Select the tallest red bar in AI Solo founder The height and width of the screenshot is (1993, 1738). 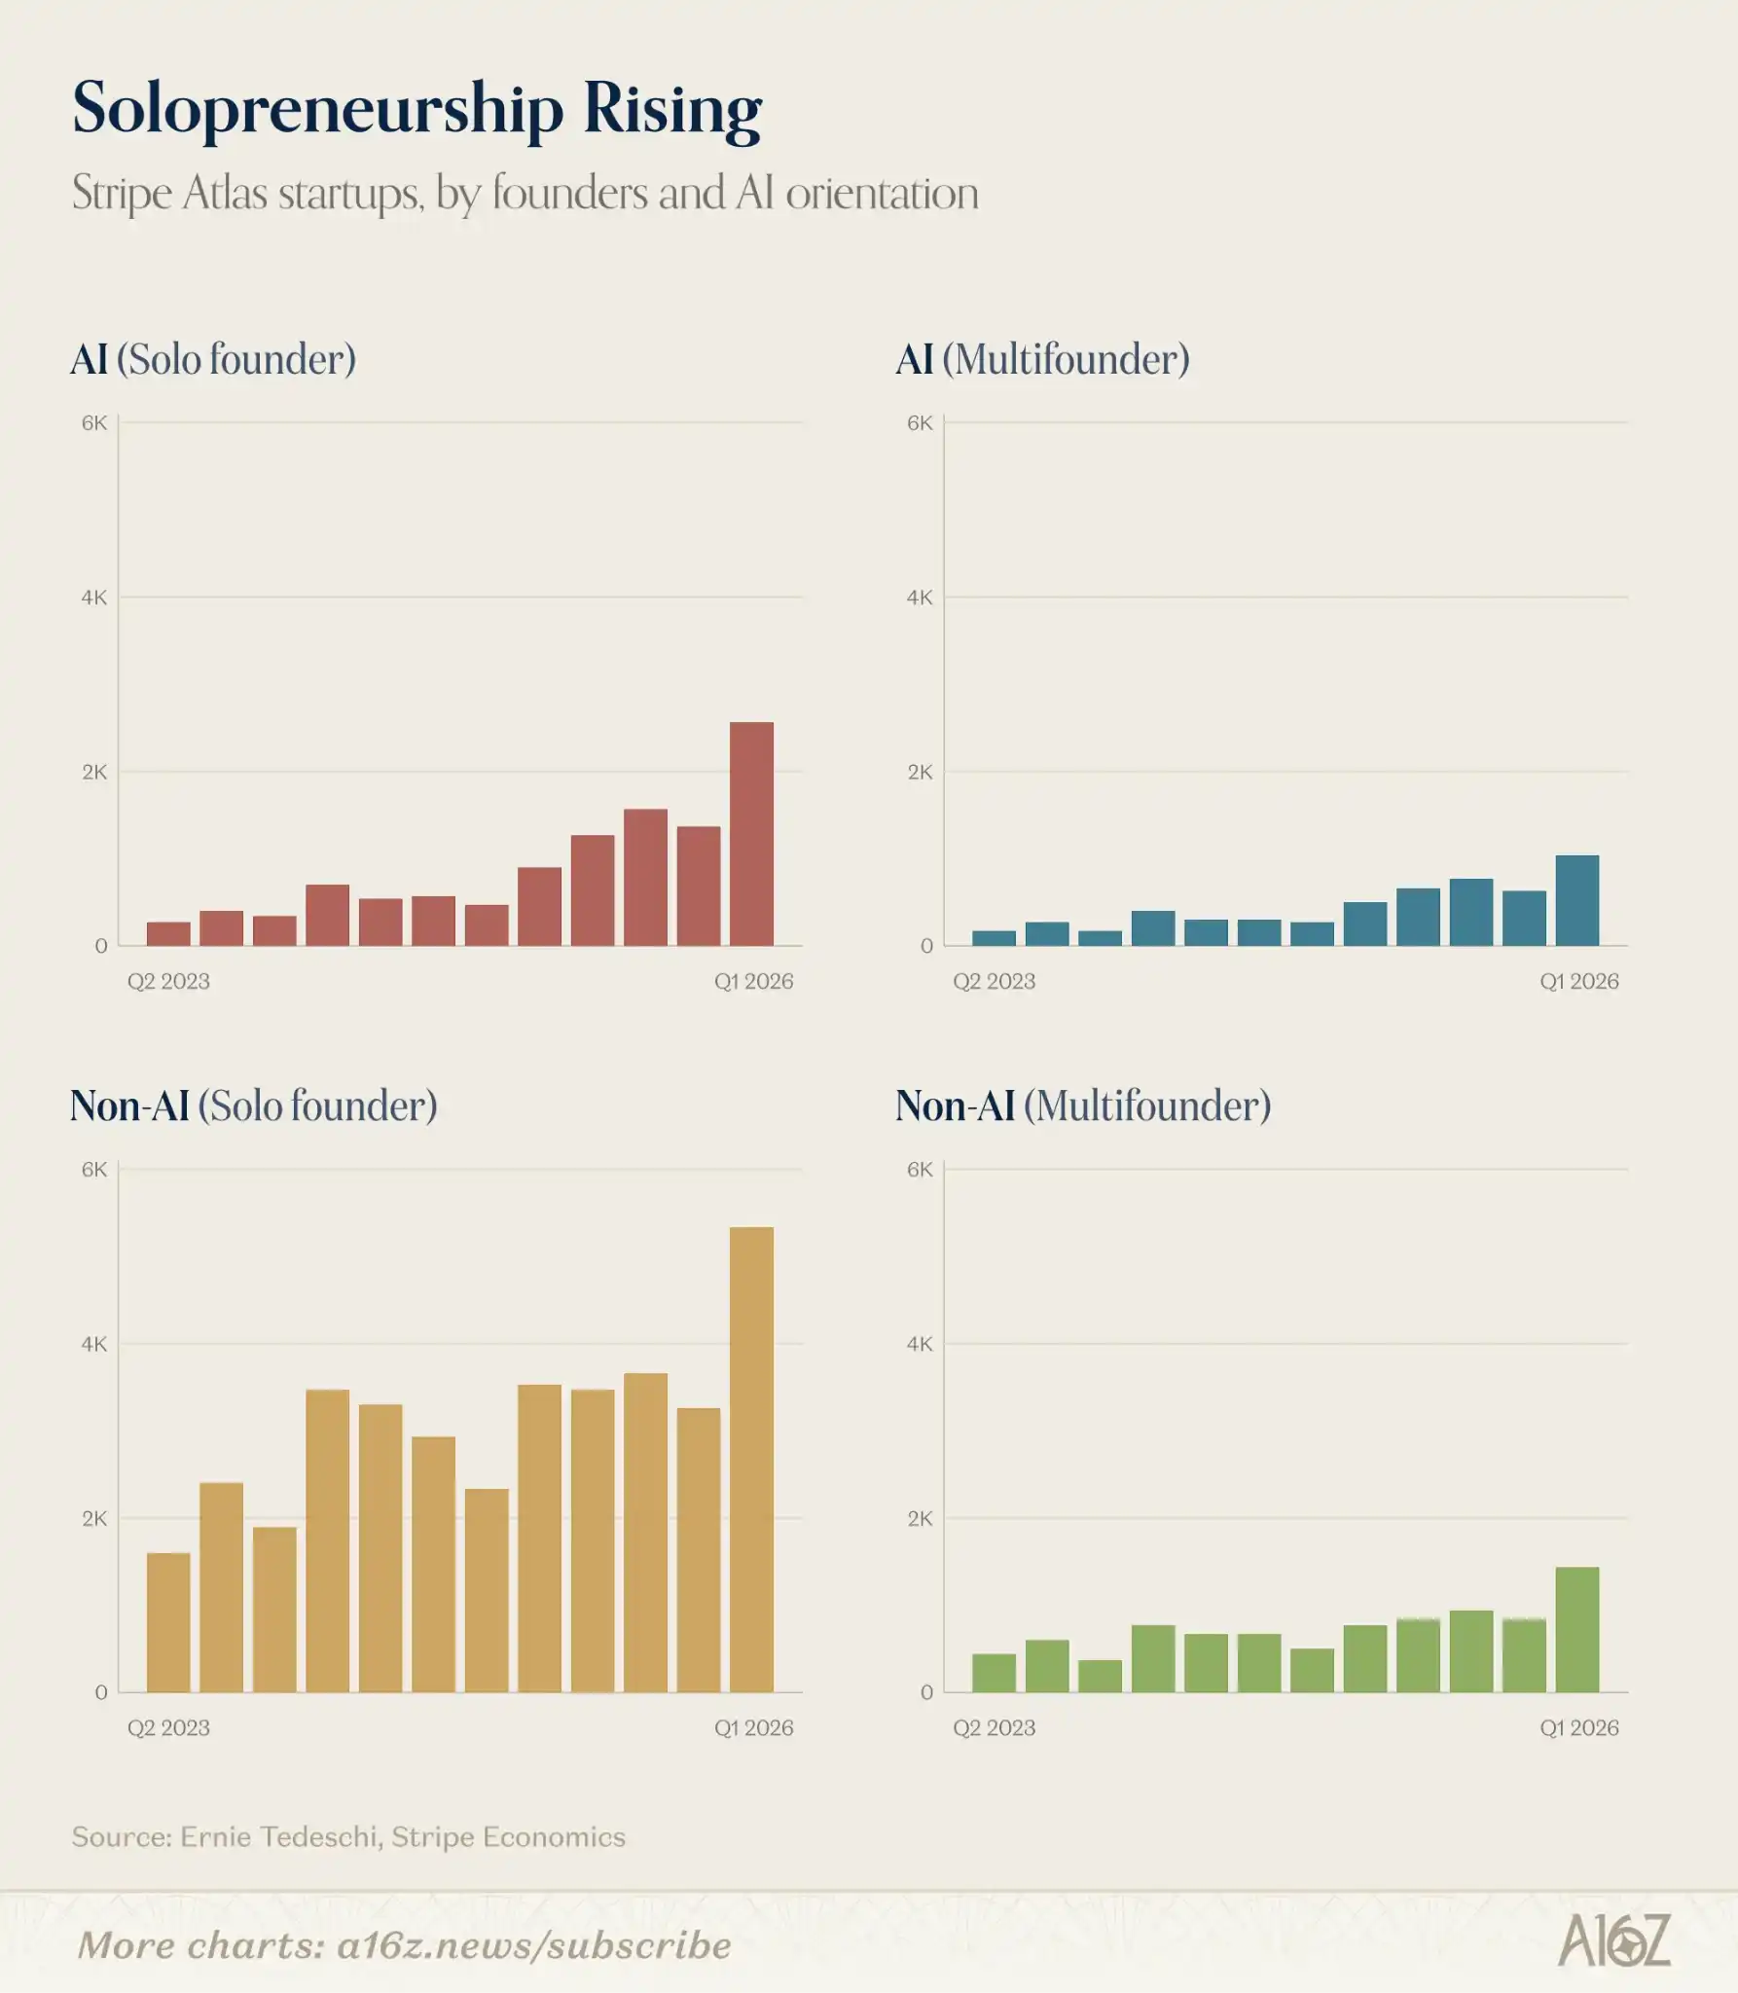click(751, 833)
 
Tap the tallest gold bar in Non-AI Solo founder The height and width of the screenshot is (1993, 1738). click(751, 1460)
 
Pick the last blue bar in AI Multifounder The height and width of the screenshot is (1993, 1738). click(1577, 900)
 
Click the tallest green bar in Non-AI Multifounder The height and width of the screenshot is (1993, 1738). click(1577, 1629)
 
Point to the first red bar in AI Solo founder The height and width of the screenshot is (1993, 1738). click(168, 933)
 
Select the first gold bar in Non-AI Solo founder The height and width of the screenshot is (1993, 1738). click(168, 1622)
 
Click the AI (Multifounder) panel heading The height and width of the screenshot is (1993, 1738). click(1042, 360)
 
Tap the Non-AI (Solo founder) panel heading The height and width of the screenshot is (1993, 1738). click(254, 1106)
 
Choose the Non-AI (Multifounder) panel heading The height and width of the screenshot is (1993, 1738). click(1083, 1106)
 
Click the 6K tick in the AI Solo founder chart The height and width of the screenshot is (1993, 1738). click(94, 422)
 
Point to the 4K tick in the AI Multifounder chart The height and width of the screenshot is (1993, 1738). click(920, 598)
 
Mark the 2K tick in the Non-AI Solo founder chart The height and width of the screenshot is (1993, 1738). click(94, 1518)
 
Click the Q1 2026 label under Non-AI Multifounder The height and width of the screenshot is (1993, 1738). click(1579, 1727)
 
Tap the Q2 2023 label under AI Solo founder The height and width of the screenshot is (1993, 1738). click(168, 981)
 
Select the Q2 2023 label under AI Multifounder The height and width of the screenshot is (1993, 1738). click(994, 981)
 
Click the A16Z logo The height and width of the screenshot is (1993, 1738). click(1614, 1940)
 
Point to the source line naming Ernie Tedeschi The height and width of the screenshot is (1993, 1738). click(348, 1836)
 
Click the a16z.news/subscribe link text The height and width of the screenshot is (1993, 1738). click(534, 1945)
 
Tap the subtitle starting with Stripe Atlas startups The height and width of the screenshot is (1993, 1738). click(525, 194)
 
